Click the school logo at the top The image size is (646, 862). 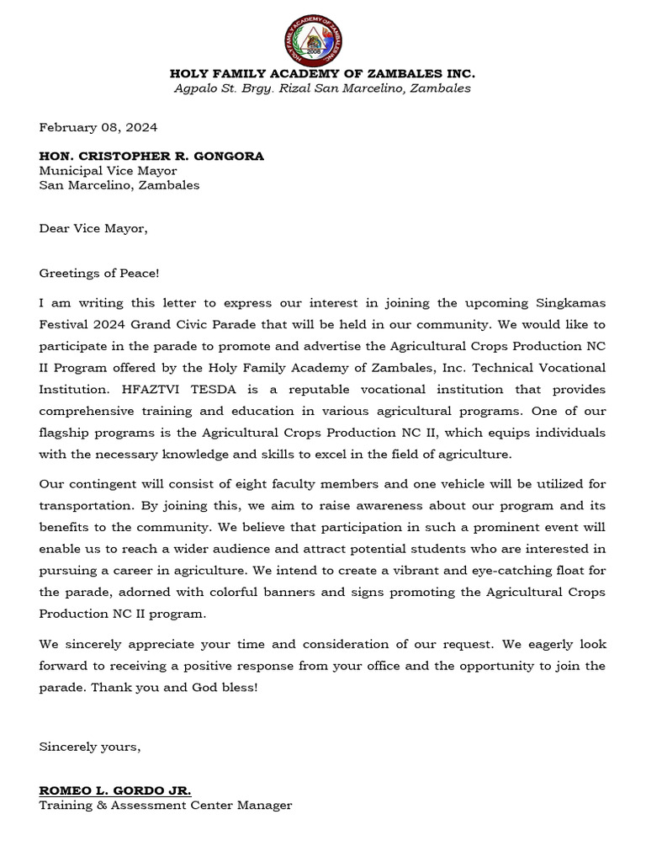pyautogui.click(x=313, y=39)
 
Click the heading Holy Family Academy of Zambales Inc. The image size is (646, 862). pyautogui.click(x=322, y=73)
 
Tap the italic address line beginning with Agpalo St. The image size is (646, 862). pyautogui.click(x=322, y=88)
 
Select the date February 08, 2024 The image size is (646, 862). pyautogui.click(x=98, y=128)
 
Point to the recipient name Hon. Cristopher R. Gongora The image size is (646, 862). pyautogui.click(x=151, y=156)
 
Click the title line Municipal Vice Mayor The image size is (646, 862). pyautogui.click(x=109, y=171)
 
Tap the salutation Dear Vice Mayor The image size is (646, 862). pyautogui.click(x=93, y=228)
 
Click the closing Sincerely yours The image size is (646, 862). pyautogui.click(x=90, y=747)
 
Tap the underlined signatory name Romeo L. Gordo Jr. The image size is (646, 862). pyautogui.click(x=115, y=790)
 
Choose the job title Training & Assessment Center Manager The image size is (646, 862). pyautogui.click(x=166, y=806)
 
